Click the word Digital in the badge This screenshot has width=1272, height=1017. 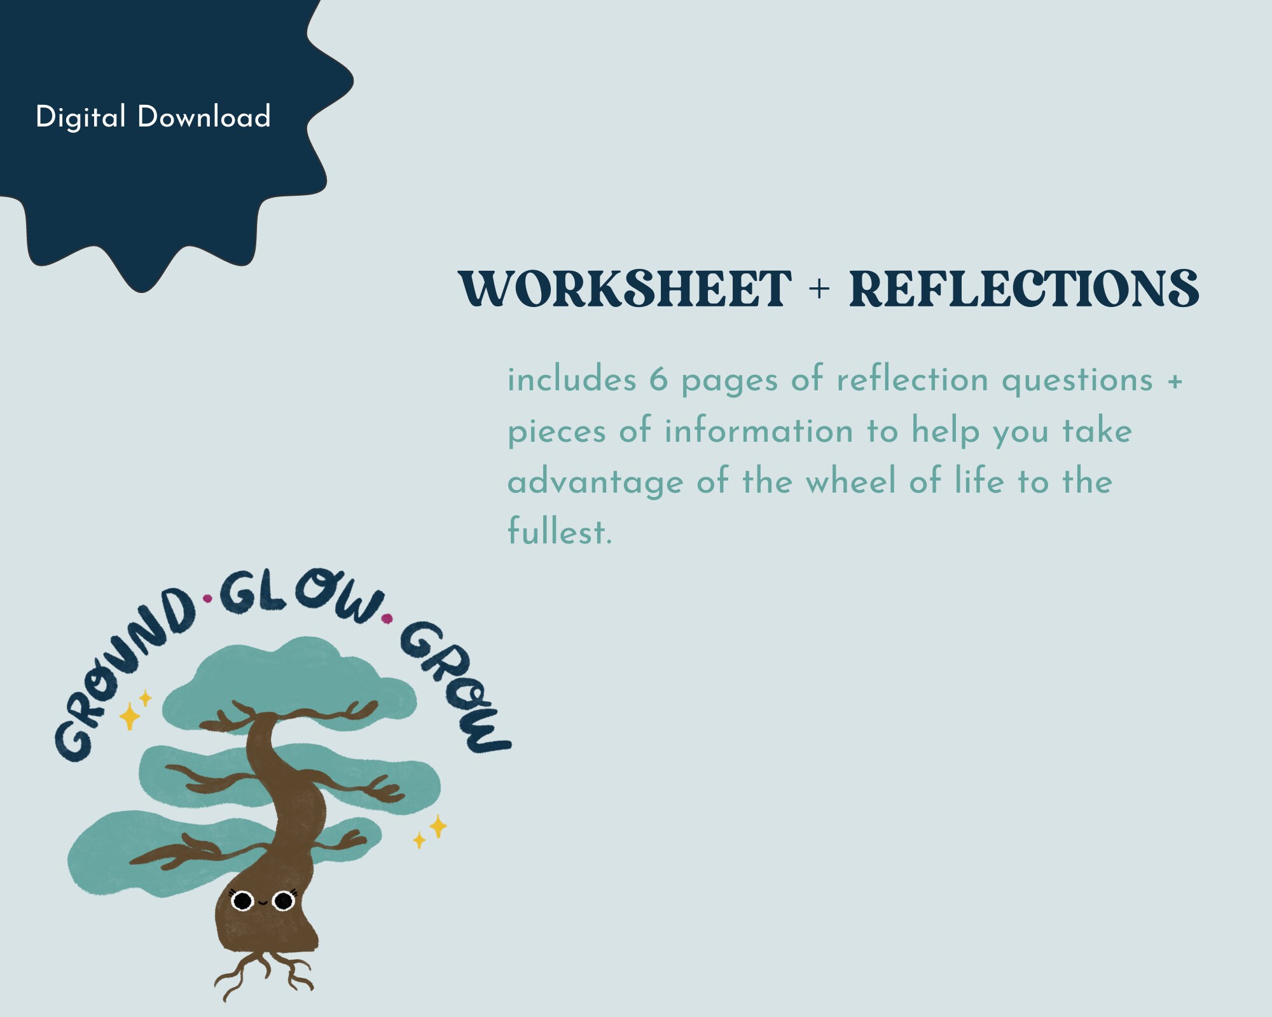81,118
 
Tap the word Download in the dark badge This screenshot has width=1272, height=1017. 204,117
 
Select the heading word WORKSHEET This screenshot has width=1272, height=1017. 625,289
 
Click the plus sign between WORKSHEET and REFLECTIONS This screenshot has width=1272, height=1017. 820,290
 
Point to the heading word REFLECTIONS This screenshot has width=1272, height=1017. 1024,289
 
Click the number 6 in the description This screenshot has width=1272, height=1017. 658,380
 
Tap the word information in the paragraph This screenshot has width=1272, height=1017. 759,431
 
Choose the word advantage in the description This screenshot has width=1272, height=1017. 595,482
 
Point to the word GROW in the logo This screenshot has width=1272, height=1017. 455,686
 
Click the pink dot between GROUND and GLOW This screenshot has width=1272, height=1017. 207,598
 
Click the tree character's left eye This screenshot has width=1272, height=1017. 242,901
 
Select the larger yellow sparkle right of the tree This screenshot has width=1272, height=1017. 438,826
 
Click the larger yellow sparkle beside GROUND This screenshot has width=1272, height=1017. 130,716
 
